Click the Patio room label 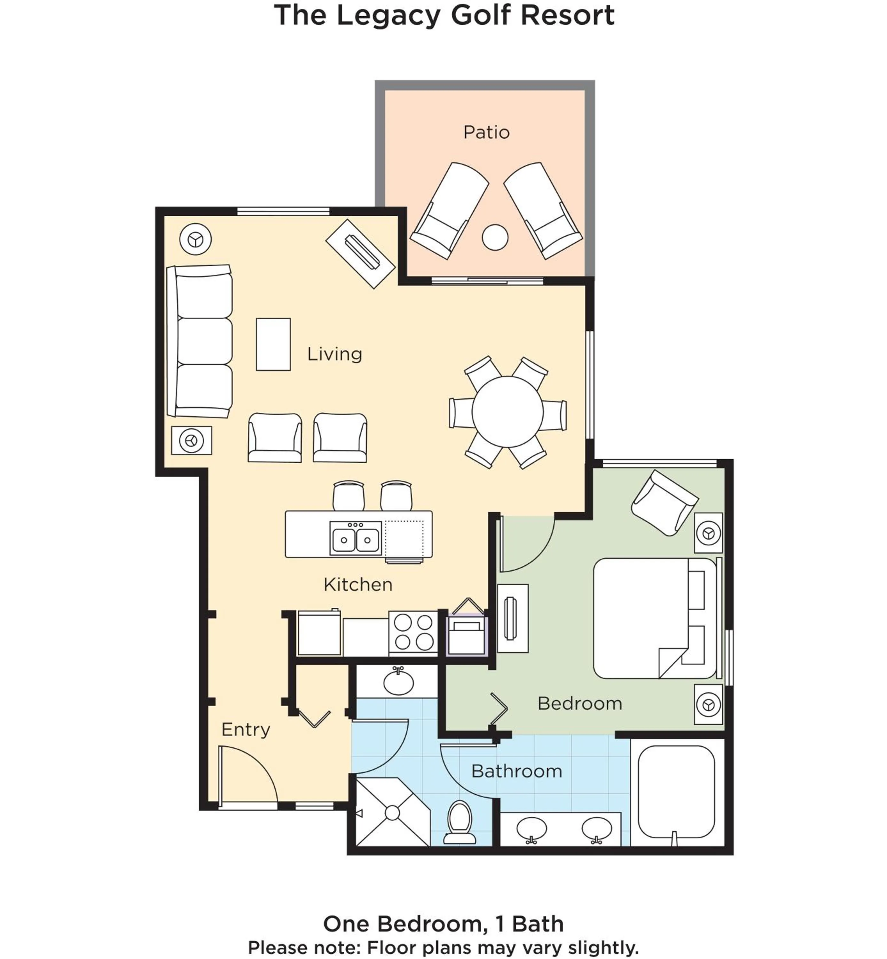coord(486,132)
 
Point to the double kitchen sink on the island coord(356,538)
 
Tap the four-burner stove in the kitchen coord(413,632)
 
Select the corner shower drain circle coord(392,812)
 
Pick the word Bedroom coord(579,703)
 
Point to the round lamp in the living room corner coord(195,239)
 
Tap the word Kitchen coord(357,584)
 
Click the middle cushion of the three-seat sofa coord(204,341)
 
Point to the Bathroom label coord(516,771)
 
